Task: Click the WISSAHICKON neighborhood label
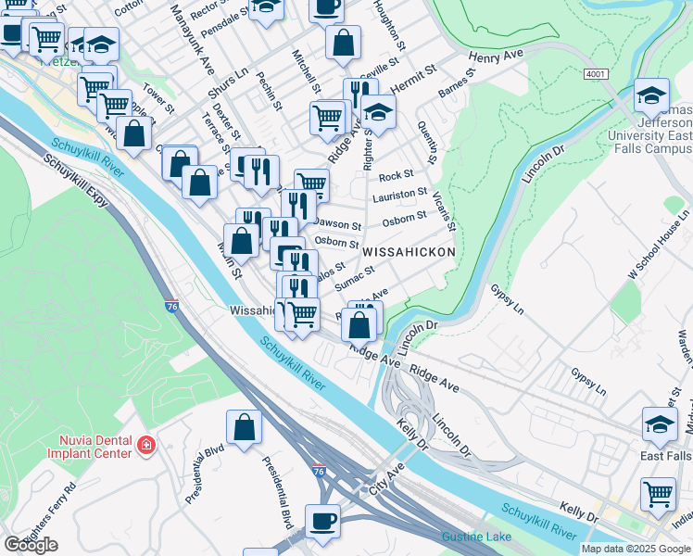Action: click(409, 252)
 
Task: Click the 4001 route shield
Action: click(598, 73)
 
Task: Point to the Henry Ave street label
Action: click(496, 57)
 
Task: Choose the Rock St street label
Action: click(396, 175)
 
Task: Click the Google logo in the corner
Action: click(31, 545)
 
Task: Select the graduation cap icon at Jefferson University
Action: click(651, 95)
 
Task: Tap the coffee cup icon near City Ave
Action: click(322, 521)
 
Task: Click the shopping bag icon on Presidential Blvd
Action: click(244, 427)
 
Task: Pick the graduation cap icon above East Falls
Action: click(660, 424)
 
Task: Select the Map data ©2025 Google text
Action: click(636, 549)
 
